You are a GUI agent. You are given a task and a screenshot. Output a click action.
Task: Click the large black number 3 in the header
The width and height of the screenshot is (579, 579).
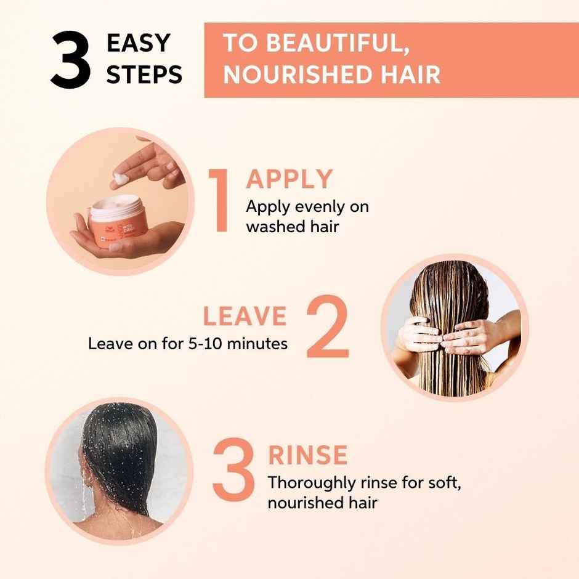[70, 61]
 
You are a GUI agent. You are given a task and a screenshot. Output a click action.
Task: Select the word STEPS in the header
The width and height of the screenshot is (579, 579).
[144, 75]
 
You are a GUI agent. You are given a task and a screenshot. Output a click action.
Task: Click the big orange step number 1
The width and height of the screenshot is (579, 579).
[219, 200]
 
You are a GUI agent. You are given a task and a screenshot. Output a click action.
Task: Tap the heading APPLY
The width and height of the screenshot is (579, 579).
[289, 179]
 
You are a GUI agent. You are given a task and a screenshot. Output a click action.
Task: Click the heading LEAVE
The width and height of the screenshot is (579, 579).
[245, 317]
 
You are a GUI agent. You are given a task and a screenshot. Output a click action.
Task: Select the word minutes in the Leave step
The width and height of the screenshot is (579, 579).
[257, 343]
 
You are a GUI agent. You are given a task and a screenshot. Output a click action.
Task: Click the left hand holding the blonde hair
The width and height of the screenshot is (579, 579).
[418, 332]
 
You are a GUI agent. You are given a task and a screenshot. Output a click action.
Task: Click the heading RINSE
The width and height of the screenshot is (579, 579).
[307, 456]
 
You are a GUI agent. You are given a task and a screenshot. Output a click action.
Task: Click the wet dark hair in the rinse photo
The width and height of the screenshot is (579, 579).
[117, 456]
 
